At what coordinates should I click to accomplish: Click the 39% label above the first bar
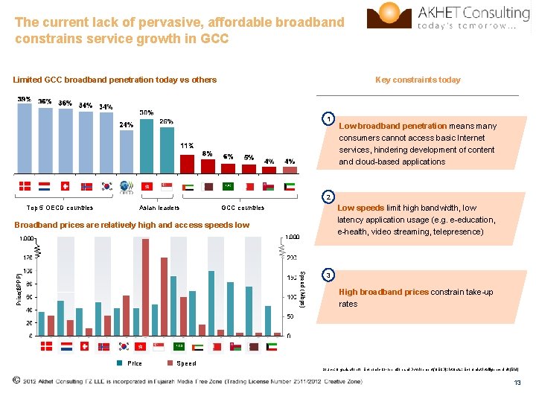click(24, 100)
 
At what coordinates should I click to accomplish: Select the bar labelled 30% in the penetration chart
click(147, 145)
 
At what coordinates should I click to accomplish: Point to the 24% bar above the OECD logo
click(127, 152)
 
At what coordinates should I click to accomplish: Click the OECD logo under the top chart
click(127, 187)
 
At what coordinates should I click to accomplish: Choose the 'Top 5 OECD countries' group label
click(60, 208)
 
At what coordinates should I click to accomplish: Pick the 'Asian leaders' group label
click(159, 208)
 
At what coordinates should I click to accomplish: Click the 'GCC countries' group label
click(243, 208)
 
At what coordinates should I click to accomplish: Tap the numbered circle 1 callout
click(328, 118)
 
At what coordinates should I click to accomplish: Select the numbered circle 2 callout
click(328, 197)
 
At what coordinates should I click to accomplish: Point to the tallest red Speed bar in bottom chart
click(145, 287)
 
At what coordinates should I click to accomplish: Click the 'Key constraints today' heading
click(418, 80)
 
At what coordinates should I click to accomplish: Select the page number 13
click(517, 383)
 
